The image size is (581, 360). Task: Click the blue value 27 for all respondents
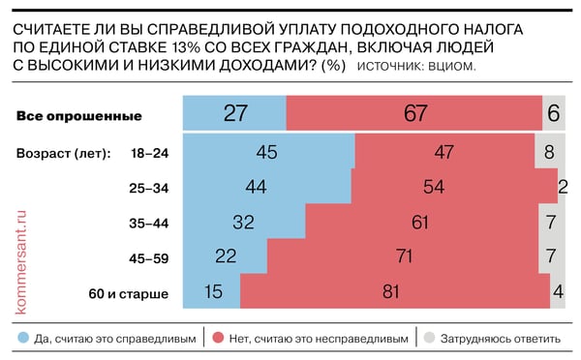235,114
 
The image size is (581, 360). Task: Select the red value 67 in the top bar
415,114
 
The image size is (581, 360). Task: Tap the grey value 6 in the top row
554,114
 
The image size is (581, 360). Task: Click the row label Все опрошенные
79,116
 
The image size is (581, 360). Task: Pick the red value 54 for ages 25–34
454,186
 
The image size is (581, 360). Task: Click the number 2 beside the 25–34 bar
564,186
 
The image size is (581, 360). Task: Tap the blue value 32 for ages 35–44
245,221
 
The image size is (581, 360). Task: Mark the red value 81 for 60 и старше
390,290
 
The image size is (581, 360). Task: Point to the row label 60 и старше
130,291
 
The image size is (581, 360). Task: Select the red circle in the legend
219,339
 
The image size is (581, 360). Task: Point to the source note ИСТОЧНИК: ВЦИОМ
417,66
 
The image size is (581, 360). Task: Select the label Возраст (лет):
64,153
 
